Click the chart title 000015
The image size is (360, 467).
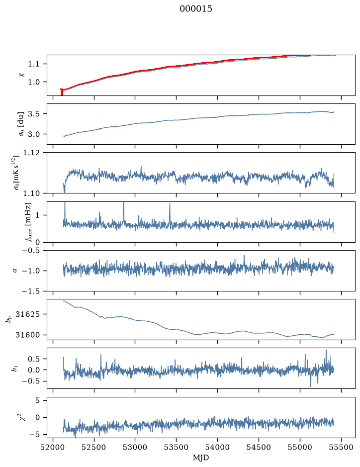pos(195,9)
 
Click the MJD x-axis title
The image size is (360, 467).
pos(201,458)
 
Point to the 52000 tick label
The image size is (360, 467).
pos(53,447)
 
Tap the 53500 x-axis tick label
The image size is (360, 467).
pos(177,447)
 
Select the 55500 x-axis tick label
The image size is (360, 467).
pos(341,447)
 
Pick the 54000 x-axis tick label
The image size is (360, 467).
pos(217,447)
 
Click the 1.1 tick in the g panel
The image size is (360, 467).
pos(34,64)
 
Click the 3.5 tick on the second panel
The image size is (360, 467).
pos(34,114)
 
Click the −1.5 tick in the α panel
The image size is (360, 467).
pos(31,291)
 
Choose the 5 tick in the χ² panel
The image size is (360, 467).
pos(37,400)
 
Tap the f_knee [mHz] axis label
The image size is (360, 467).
pos(28,222)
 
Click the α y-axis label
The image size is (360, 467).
pos(15,271)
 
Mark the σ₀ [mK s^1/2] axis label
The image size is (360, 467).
pos(19,173)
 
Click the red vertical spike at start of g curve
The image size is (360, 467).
pos(62,92)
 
